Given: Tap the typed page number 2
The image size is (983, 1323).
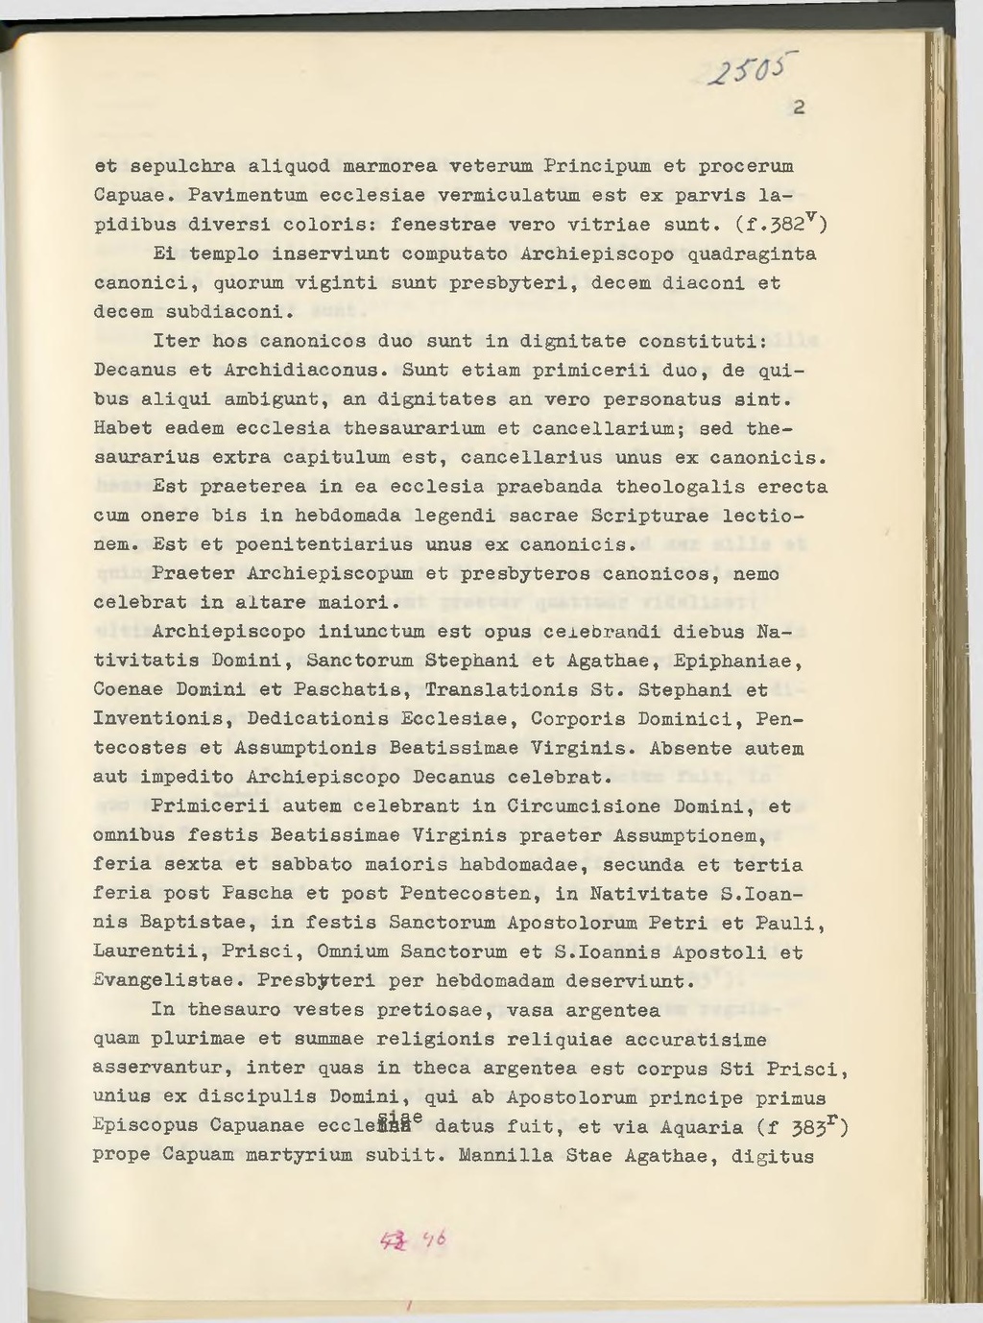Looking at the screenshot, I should (x=799, y=108).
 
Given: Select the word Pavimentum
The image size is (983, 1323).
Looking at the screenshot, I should (x=248, y=196).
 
